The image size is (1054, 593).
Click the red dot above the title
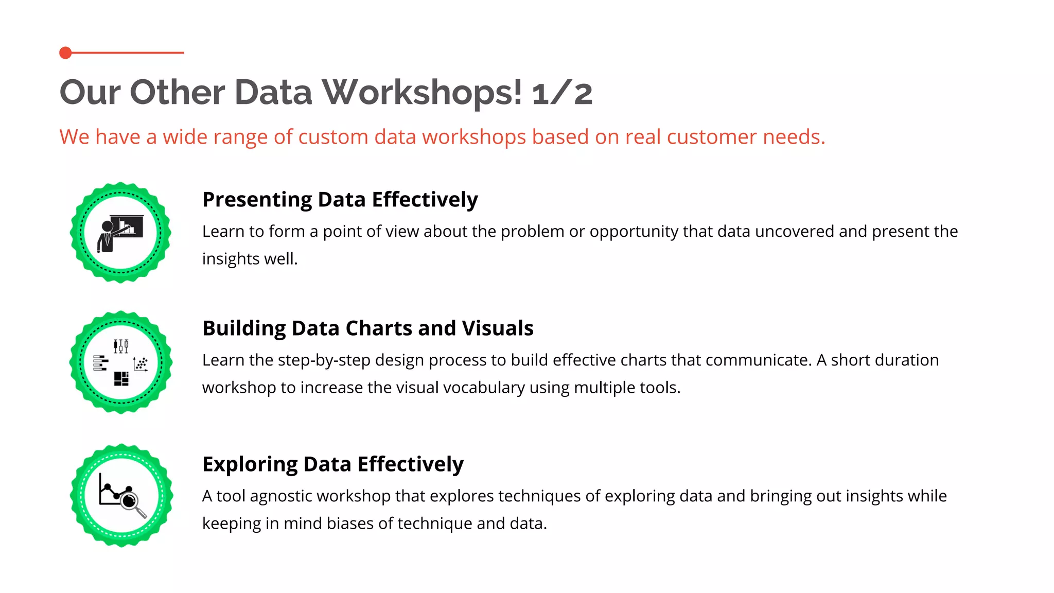[x=65, y=53]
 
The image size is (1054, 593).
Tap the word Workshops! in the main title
[x=422, y=93]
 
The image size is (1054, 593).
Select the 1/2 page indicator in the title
[x=562, y=94]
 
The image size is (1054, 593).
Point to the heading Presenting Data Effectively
[x=340, y=200]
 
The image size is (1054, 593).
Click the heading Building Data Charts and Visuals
[x=367, y=328]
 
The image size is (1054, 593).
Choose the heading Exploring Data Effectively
[x=332, y=464]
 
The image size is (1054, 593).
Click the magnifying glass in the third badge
[x=132, y=502]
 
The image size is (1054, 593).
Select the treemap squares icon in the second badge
[x=121, y=379]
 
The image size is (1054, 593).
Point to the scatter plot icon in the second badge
[x=140, y=363]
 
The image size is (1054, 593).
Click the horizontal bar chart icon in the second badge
[x=100, y=363]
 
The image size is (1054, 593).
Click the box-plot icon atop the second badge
[x=121, y=346]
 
